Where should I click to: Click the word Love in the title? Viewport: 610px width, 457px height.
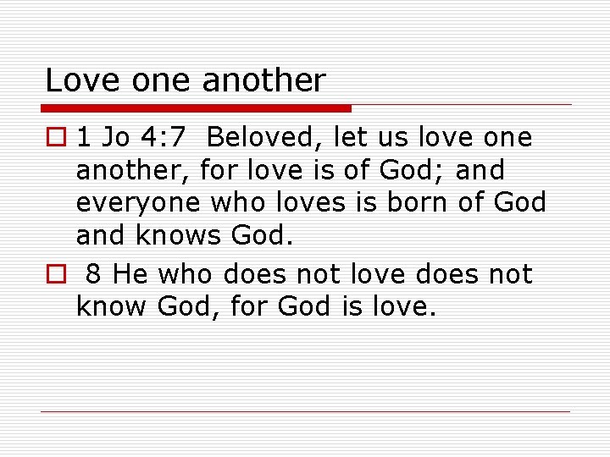(74, 81)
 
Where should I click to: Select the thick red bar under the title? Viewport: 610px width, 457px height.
(197, 108)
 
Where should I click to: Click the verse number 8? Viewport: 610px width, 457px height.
(94, 274)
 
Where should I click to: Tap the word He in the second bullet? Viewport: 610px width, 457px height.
(127, 274)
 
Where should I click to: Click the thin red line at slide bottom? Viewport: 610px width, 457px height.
(305, 412)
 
